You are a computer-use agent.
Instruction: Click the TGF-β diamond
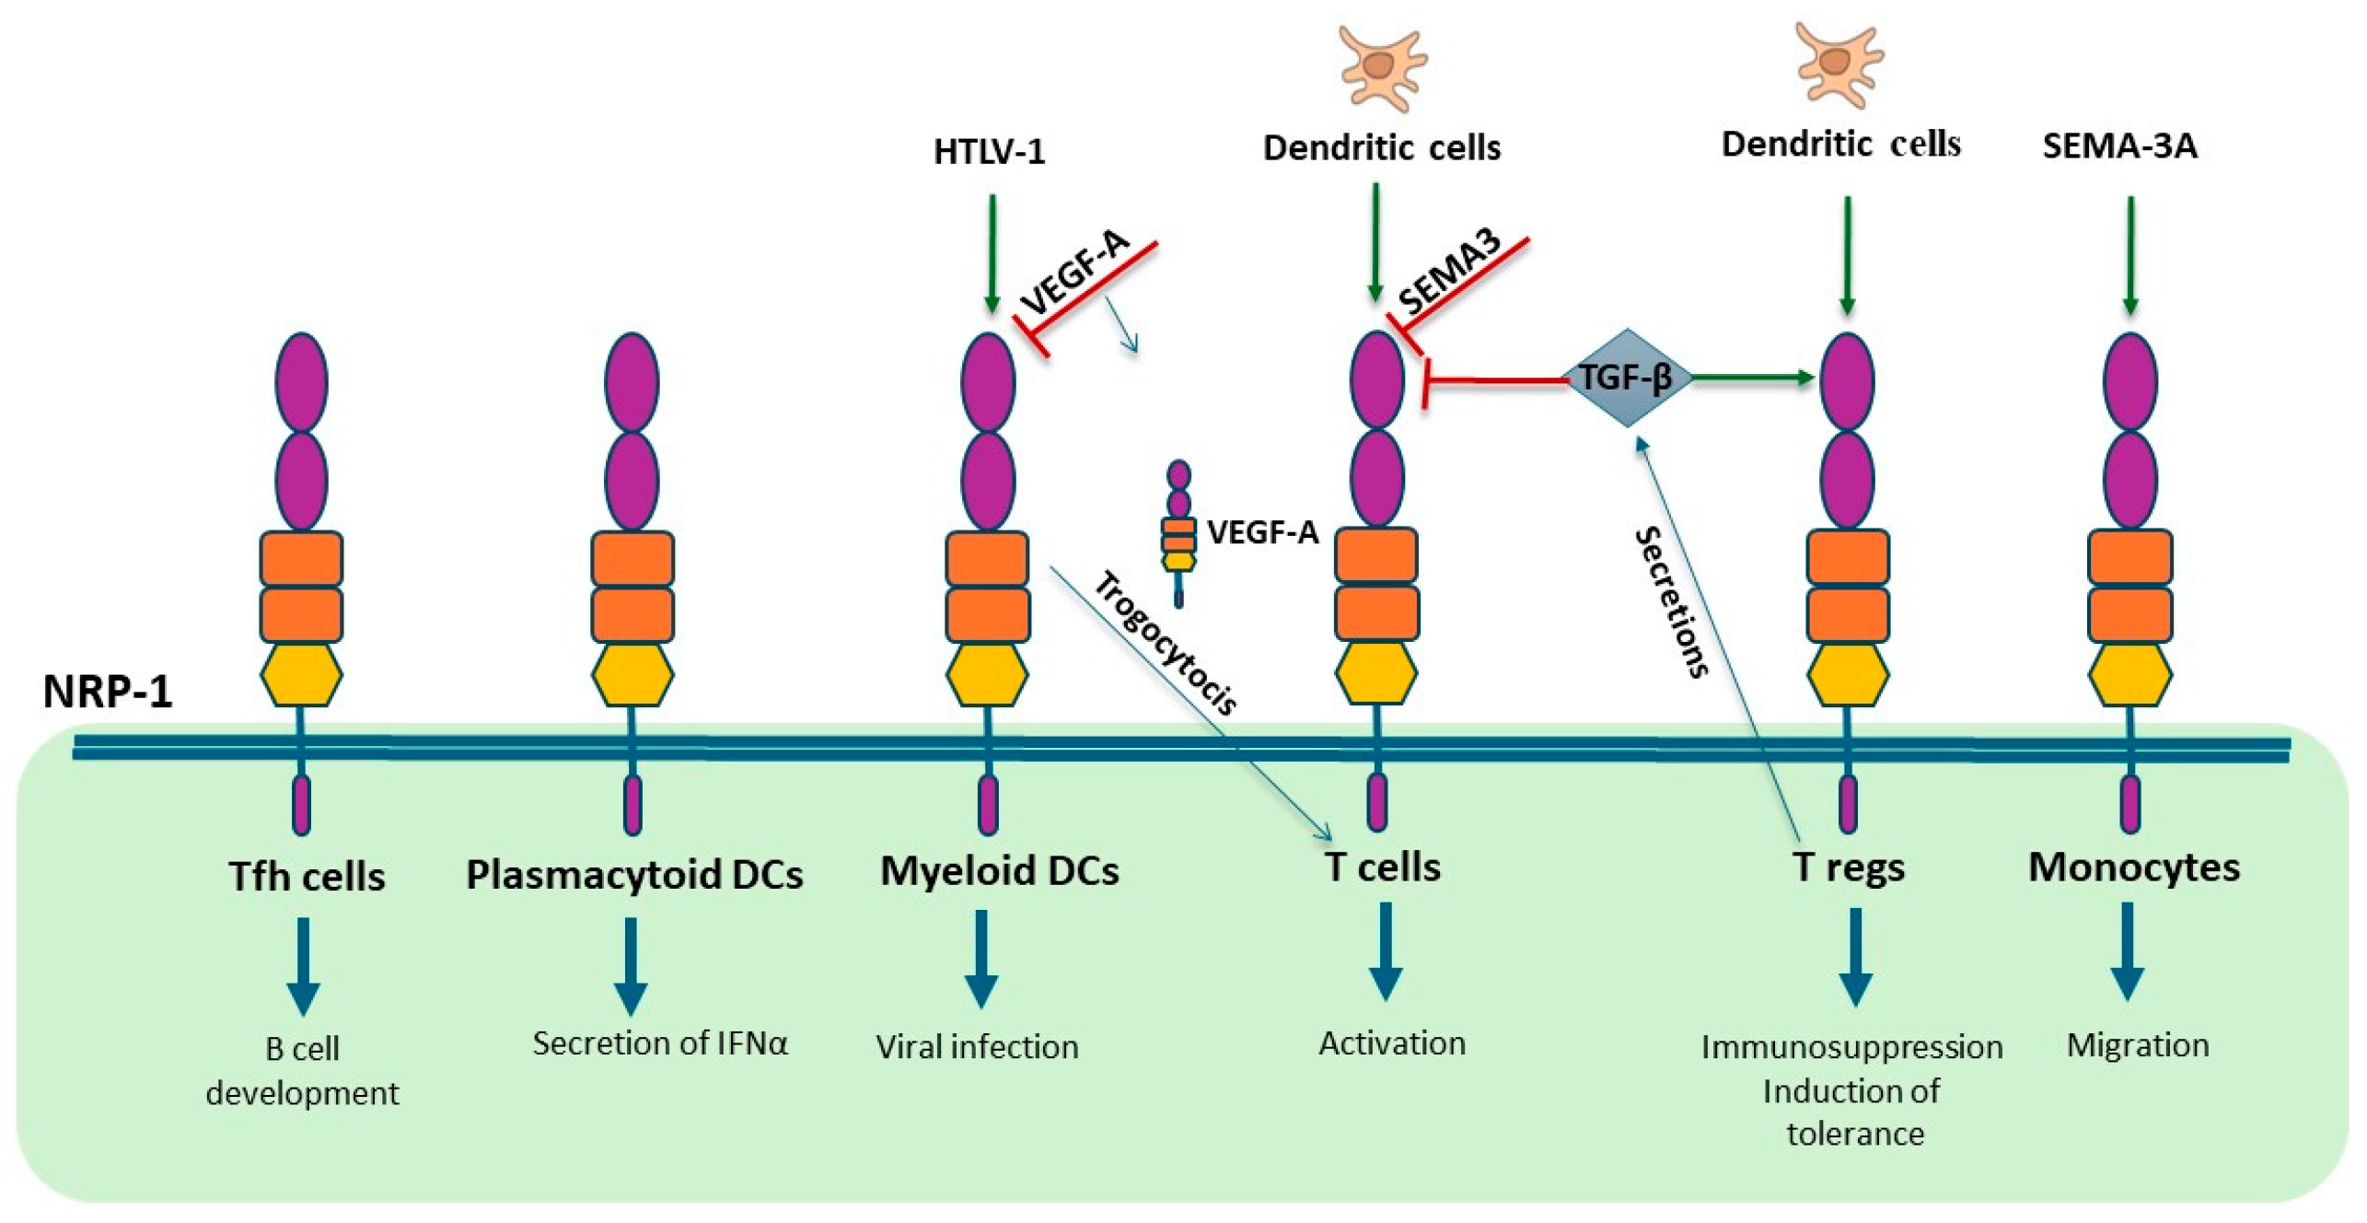(1626, 378)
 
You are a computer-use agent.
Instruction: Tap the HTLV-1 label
(989, 151)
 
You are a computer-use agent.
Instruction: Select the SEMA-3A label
(2118, 146)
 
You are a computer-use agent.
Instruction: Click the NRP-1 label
(107, 691)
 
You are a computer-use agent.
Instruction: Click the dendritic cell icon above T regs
(1838, 63)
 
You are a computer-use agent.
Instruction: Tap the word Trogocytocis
(1165, 642)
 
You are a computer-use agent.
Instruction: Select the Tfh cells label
(307, 876)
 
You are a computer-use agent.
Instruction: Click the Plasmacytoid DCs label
(633, 874)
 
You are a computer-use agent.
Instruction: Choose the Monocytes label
(2133, 868)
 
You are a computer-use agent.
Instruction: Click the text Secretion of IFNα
(659, 1043)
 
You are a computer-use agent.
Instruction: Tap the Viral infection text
(976, 1047)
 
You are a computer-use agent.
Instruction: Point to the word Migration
(2137, 1045)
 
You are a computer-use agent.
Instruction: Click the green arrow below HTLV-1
(991, 252)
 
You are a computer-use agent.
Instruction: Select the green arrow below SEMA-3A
(2129, 254)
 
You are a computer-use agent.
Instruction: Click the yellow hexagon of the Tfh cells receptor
(301, 675)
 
